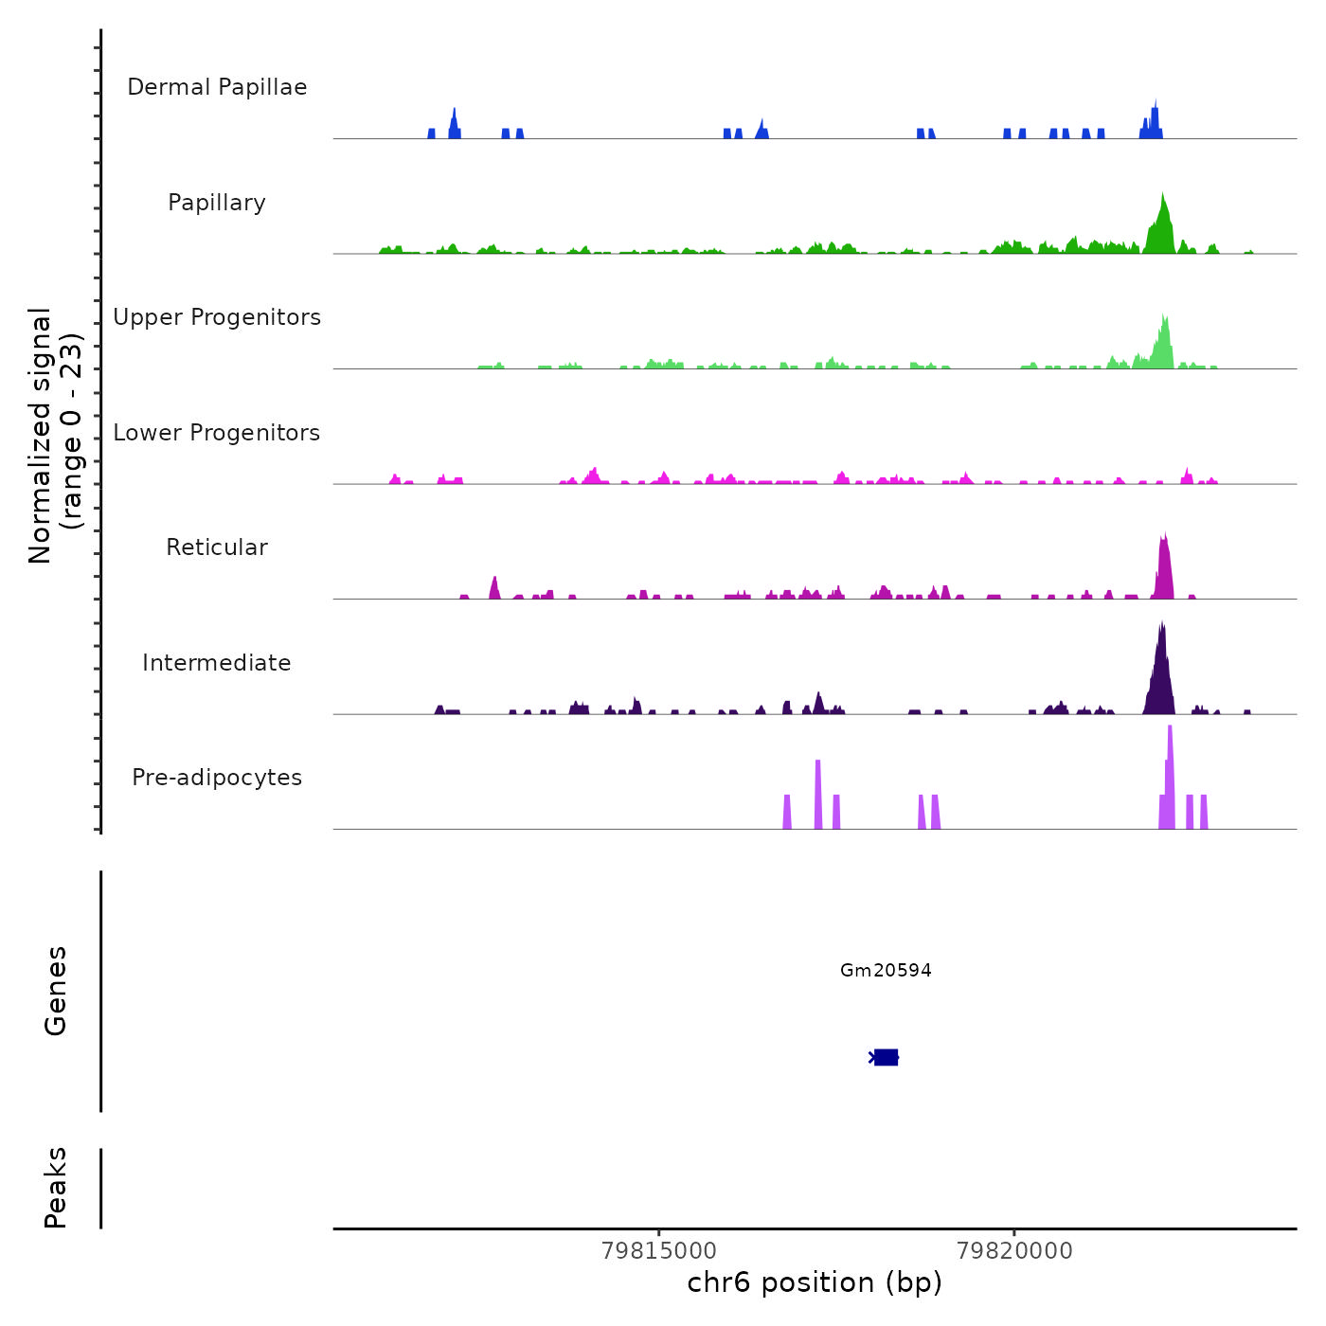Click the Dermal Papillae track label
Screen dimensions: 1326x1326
click(217, 87)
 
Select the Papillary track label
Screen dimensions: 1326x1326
click(217, 203)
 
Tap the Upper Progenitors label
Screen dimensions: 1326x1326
click(217, 317)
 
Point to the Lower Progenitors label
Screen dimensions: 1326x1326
click(217, 433)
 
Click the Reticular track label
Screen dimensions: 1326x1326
click(217, 547)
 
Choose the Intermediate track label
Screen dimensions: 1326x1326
click(217, 663)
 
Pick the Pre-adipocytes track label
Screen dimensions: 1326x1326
click(217, 778)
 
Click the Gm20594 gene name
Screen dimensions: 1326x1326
click(886, 970)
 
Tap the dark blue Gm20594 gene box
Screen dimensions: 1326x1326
click(886, 1057)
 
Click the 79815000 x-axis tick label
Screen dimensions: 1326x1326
click(659, 1251)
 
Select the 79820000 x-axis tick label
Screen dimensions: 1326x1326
click(1014, 1251)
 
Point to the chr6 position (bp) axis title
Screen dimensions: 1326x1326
click(815, 1282)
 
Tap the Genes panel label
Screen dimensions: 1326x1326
click(56, 991)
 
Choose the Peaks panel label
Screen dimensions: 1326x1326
click(56, 1188)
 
